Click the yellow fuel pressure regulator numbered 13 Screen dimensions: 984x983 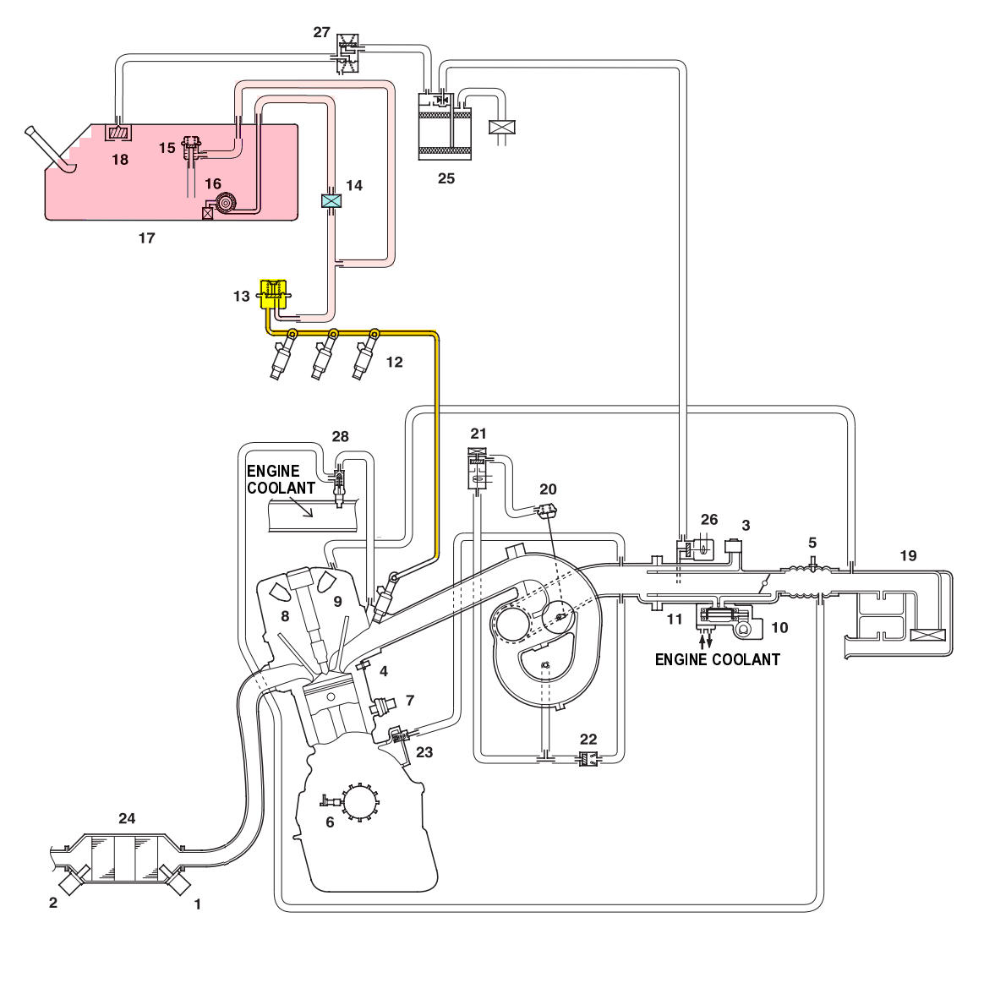click(274, 293)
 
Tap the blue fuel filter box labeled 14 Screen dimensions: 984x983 click(331, 200)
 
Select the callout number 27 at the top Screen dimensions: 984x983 click(321, 32)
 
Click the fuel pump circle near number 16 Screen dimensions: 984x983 click(224, 203)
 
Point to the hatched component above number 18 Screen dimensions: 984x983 click(118, 133)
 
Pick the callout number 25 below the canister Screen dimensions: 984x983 click(446, 178)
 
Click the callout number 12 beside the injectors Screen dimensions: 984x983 click(394, 362)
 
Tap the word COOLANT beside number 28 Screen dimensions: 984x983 click(282, 488)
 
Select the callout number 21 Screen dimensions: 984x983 click(478, 434)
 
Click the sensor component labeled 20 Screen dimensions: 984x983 click(547, 509)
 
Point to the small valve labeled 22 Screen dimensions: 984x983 click(588, 759)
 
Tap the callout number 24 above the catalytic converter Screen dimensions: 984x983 click(127, 818)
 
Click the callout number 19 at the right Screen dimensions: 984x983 click(908, 555)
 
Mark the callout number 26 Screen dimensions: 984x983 click(709, 520)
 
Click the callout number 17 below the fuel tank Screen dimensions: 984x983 click(146, 238)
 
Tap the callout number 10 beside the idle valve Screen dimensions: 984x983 click(779, 627)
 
